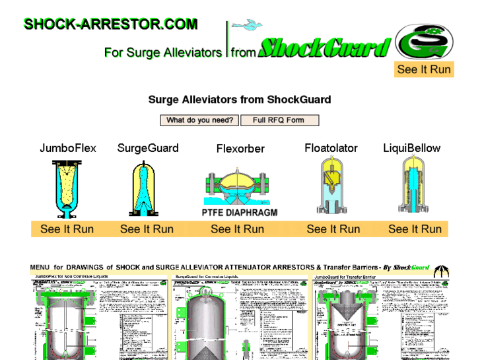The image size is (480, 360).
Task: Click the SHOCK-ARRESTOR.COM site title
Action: pos(110,24)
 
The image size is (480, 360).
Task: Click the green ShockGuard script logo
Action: pos(324,48)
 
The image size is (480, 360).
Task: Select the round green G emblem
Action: pos(425,41)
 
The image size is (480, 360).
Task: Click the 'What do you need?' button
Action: pos(199,120)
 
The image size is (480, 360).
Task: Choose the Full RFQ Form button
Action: pos(278,120)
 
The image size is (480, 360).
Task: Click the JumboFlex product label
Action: pos(68,148)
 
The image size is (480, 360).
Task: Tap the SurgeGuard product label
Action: pos(148,148)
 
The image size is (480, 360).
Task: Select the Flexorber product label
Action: pos(240,149)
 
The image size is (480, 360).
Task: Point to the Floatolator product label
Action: pos(331,148)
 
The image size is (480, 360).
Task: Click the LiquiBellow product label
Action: pos(412,148)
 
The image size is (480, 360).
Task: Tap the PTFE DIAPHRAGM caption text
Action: pos(240,213)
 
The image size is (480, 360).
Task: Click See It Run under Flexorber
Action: pos(238,229)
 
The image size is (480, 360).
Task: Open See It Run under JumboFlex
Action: pos(67,229)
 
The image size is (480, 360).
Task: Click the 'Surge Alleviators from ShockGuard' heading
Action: pos(240,100)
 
